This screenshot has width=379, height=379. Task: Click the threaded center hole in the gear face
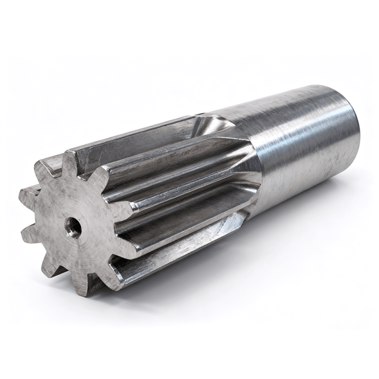(73, 229)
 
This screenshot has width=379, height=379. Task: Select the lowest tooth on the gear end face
(81, 287)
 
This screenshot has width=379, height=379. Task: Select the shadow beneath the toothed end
(125, 301)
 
